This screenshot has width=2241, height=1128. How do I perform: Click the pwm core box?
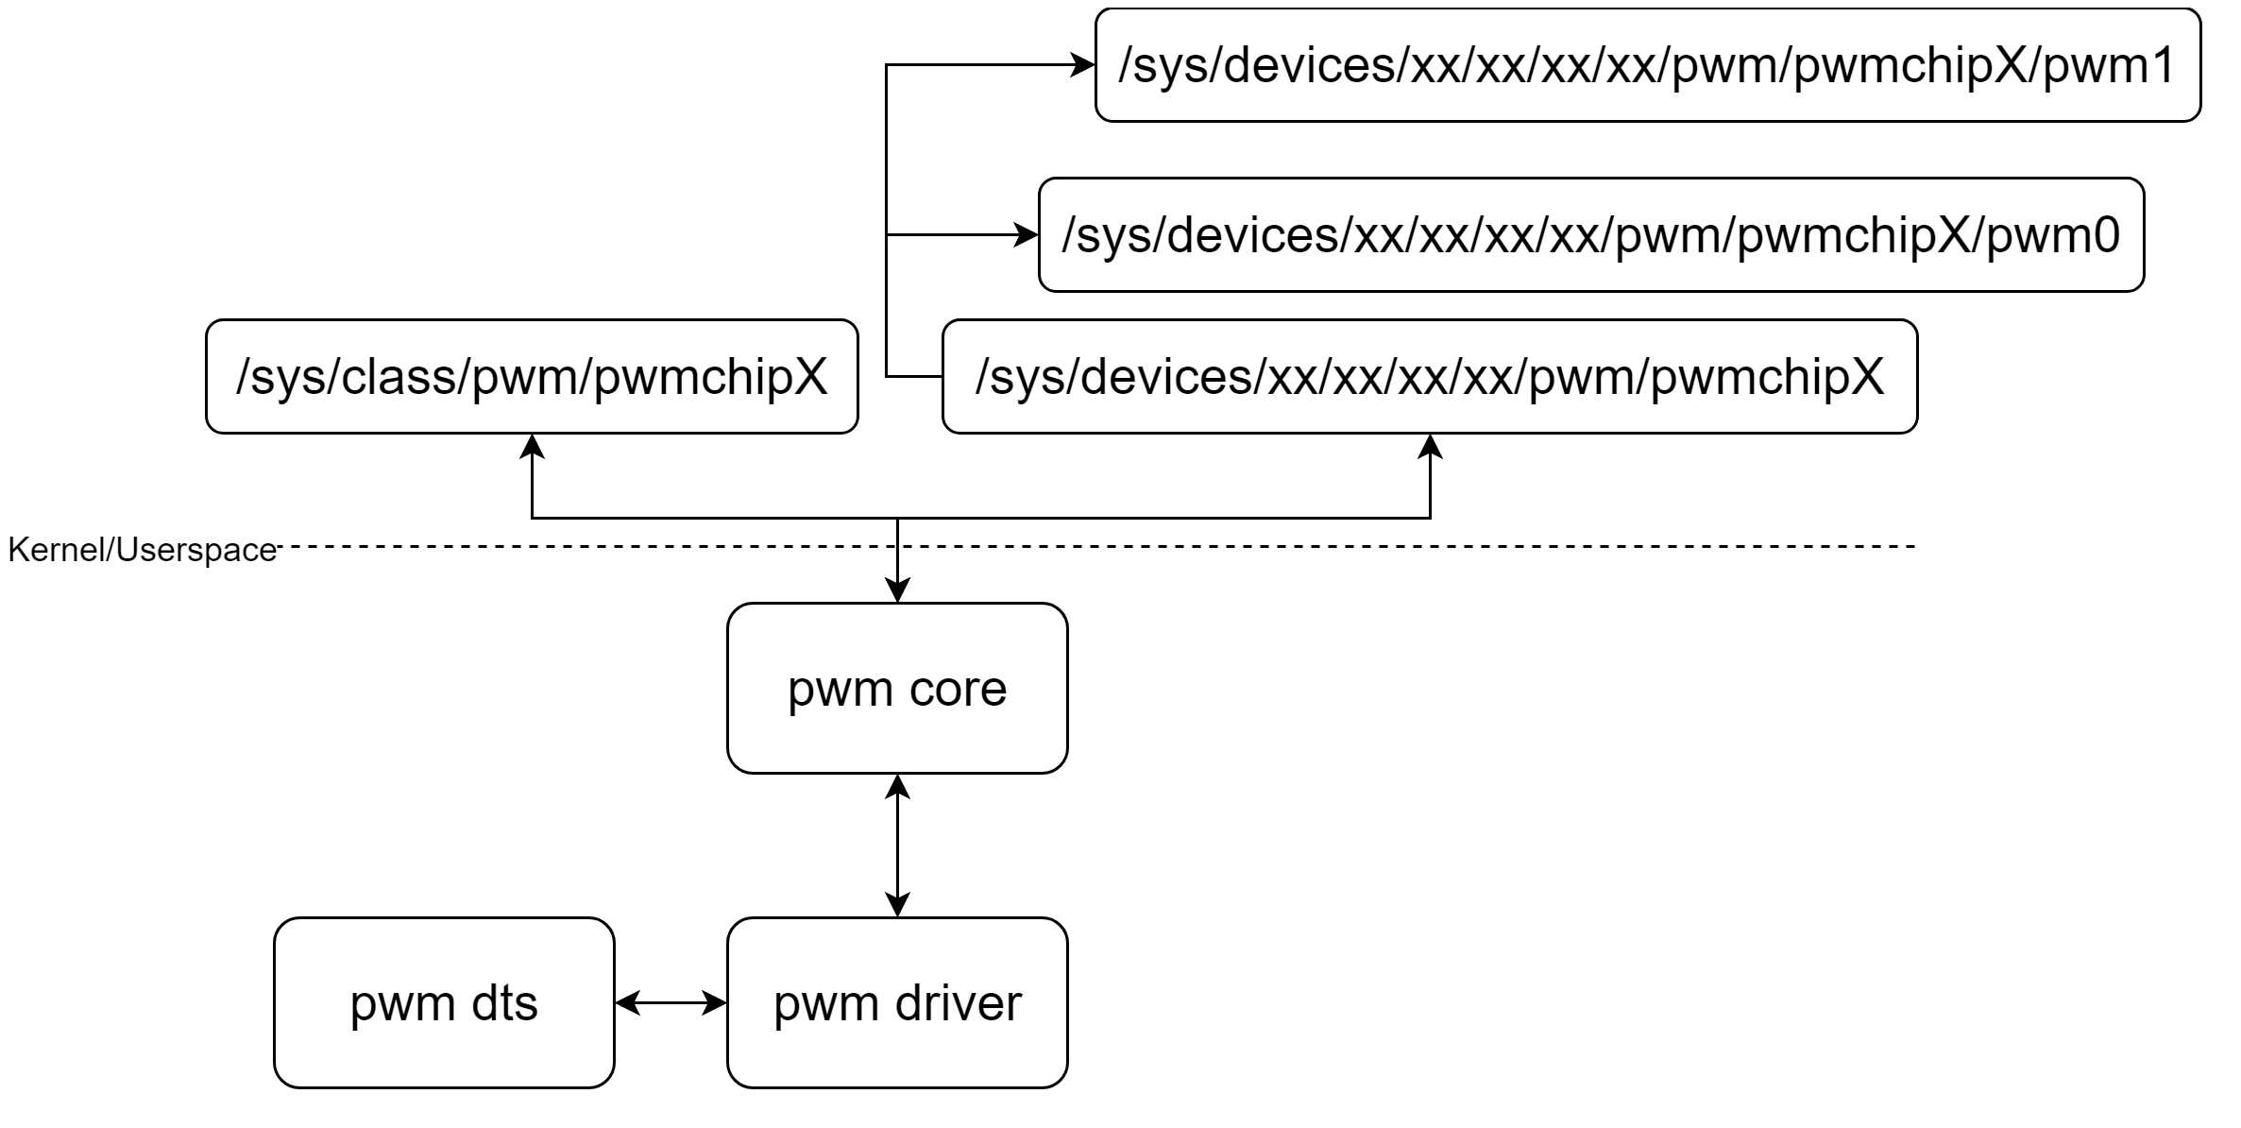[x=896, y=688]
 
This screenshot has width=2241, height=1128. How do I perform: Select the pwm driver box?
[x=896, y=1002]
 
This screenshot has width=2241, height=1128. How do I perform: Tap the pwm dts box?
[x=444, y=1002]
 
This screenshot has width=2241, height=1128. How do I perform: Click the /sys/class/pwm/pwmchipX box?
[x=532, y=376]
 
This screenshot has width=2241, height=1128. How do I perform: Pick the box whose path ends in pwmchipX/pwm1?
[x=1647, y=65]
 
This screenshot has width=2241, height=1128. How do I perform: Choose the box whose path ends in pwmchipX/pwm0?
[x=1590, y=234]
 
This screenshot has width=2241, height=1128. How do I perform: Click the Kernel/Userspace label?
[x=142, y=550]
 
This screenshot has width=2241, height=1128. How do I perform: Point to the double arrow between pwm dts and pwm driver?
[x=671, y=1002]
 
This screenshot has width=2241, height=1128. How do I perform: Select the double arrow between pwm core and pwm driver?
[x=896, y=846]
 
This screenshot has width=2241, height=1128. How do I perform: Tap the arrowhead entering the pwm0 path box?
[x=1027, y=234]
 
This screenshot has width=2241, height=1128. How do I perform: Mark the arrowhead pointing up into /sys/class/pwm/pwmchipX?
[x=533, y=446]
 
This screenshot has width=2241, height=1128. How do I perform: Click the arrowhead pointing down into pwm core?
[x=896, y=590]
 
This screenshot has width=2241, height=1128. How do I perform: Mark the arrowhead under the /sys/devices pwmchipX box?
[x=1431, y=446]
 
